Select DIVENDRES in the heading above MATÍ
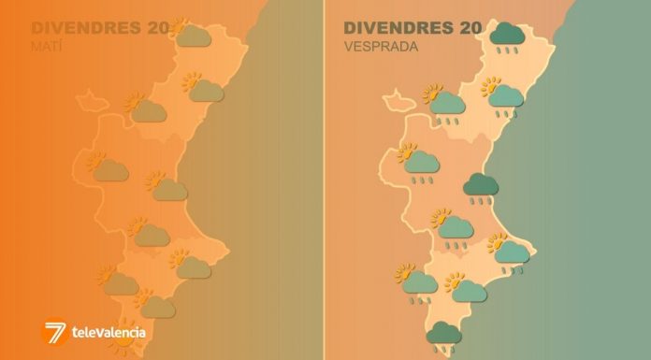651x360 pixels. coord(85,27)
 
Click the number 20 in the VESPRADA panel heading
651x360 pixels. coord(470,28)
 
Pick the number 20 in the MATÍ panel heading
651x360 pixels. coord(157,27)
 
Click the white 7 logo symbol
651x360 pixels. coord(55,331)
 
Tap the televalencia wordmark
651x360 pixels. coord(108,332)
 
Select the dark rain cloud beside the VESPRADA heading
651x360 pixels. coord(508,36)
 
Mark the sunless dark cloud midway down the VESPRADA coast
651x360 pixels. coord(482,186)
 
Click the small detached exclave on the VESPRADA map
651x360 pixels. coord(397,97)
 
